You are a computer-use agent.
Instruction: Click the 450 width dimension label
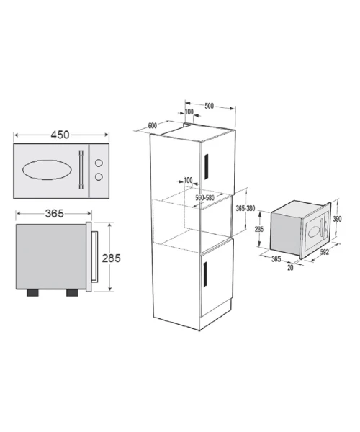click(x=60, y=135)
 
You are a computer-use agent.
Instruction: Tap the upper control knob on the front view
click(x=99, y=163)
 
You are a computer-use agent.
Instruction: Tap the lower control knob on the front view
click(x=99, y=176)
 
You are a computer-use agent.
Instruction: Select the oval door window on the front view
click(x=47, y=170)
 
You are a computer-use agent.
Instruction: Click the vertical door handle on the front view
click(x=81, y=170)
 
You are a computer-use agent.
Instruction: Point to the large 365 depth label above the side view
click(x=54, y=214)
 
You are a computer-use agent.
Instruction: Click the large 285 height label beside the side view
click(x=112, y=258)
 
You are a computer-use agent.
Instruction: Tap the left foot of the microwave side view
click(x=32, y=293)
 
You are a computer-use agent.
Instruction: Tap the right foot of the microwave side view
click(x=72, y=293)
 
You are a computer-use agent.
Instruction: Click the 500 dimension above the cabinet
click(x=209, y=106)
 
